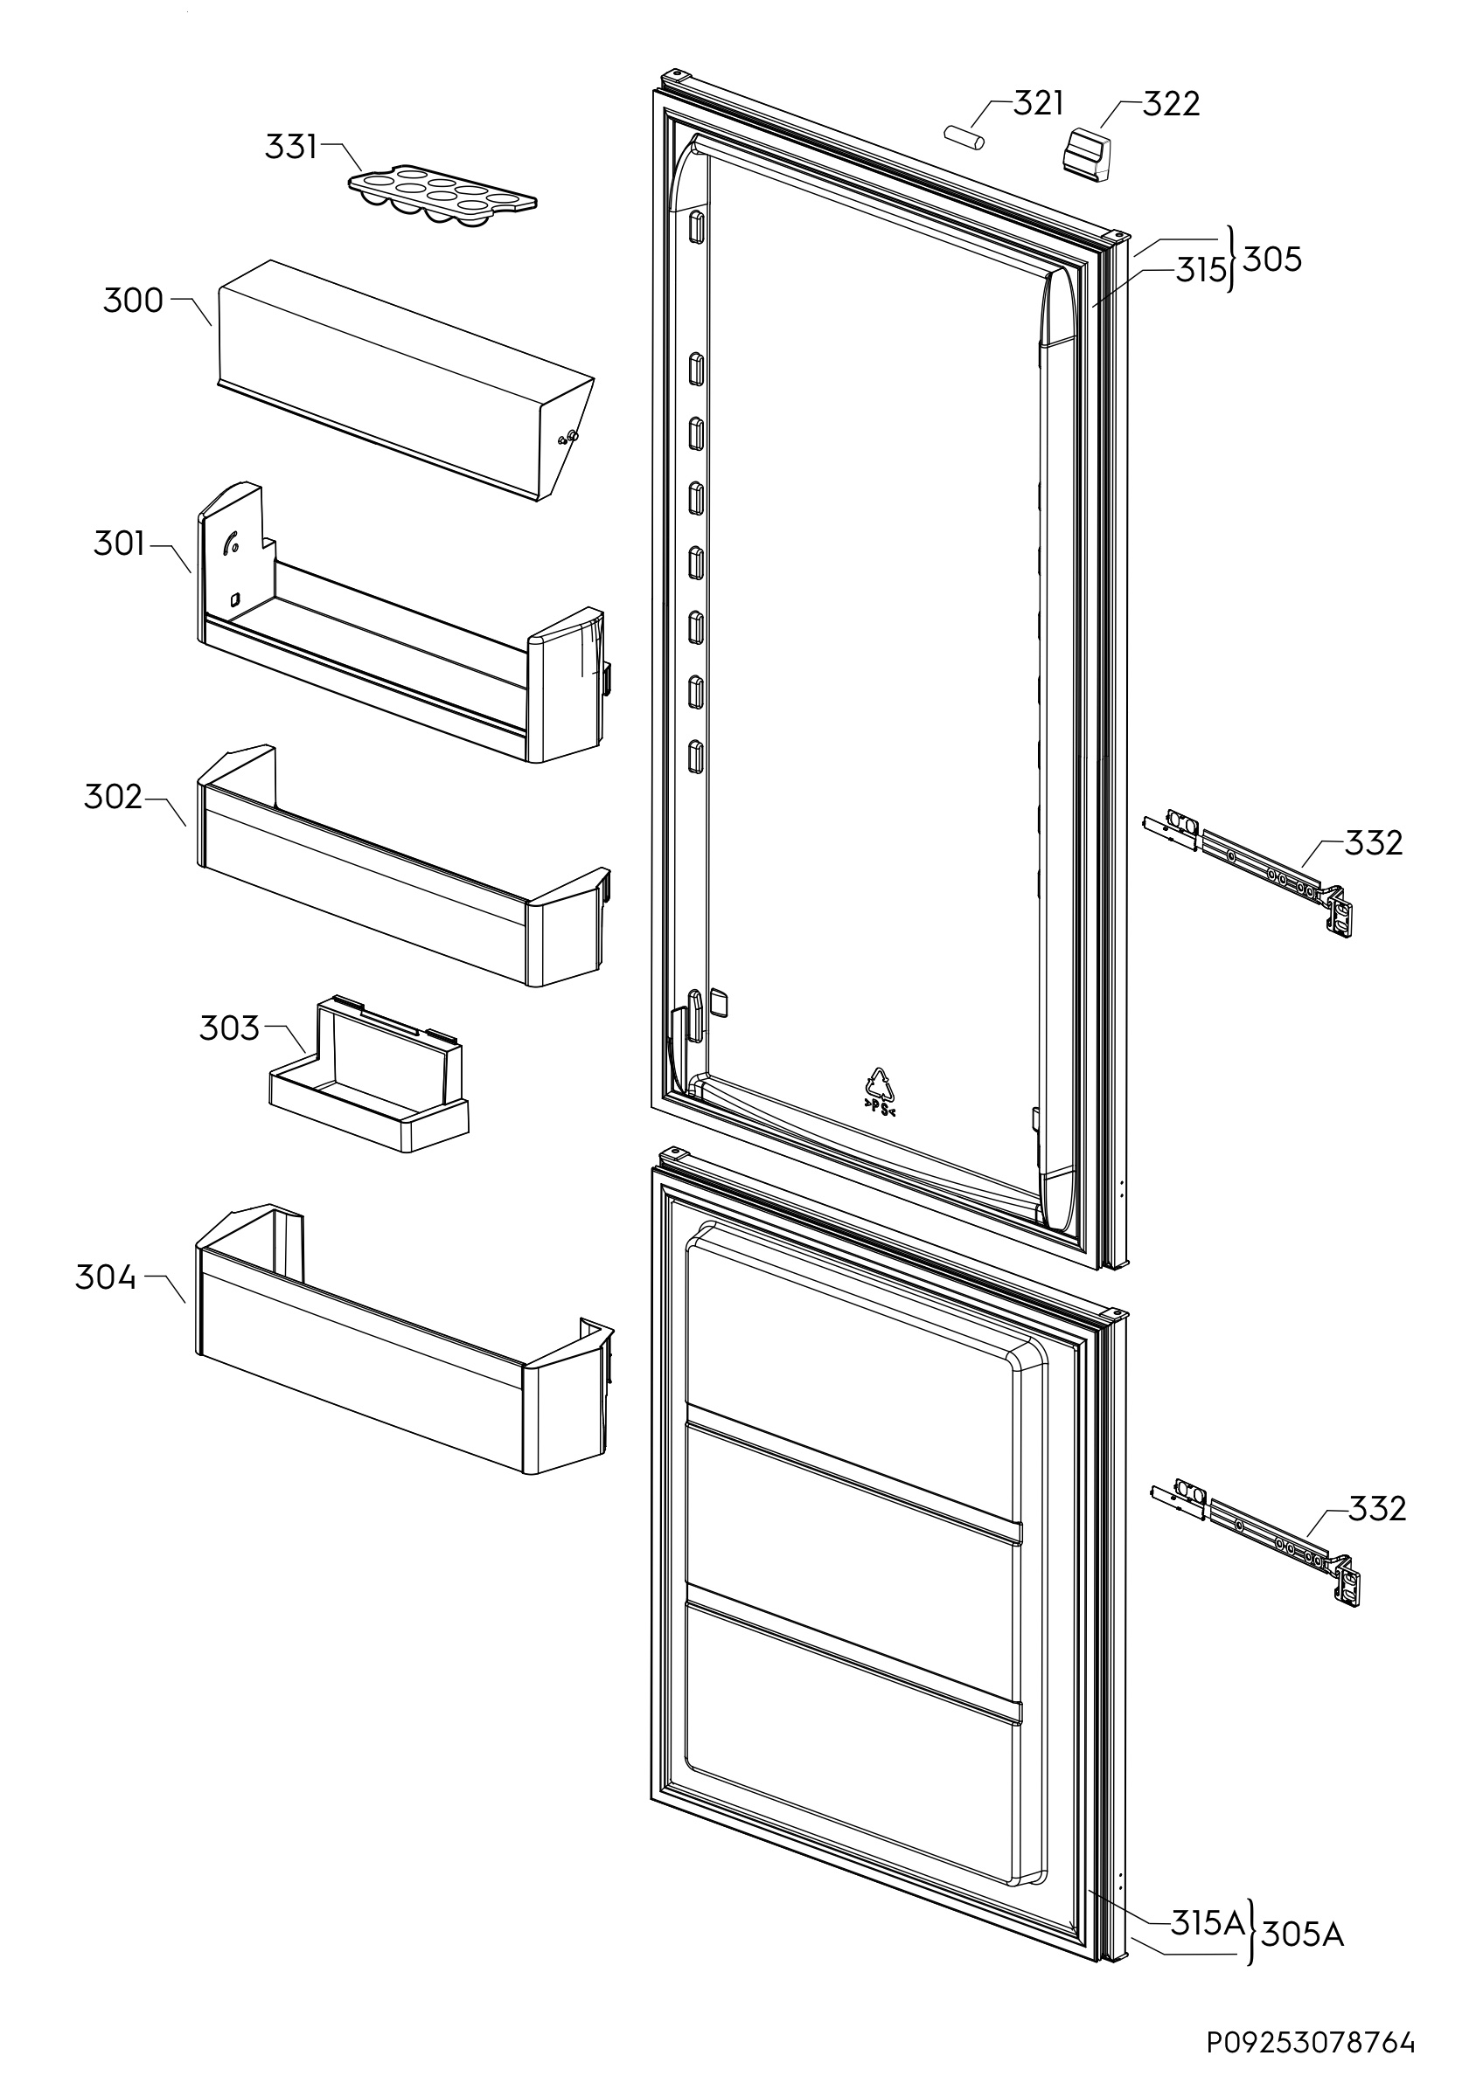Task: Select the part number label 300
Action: pyautogui.click(x=133, y=301)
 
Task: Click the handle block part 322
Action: pyautogui.click(x=1086, y=156)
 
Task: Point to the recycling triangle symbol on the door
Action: pyautogui.click(x=880, y=1090)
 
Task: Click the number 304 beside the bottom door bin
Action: pyautogui.click(x=105, y=1277)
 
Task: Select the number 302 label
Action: pyautogui.click(x=114, y=799)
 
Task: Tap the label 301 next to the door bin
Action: pyautogui.click(x=119, y=544)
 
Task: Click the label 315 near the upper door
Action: pyautogui.click(x=1200, y=270)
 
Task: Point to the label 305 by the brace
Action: pyautogui.click(x=1272, y=260)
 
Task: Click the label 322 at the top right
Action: pyautogui.click(x=1171, y=104)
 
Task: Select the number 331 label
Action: pyautogui.click(x=290, y=146)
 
